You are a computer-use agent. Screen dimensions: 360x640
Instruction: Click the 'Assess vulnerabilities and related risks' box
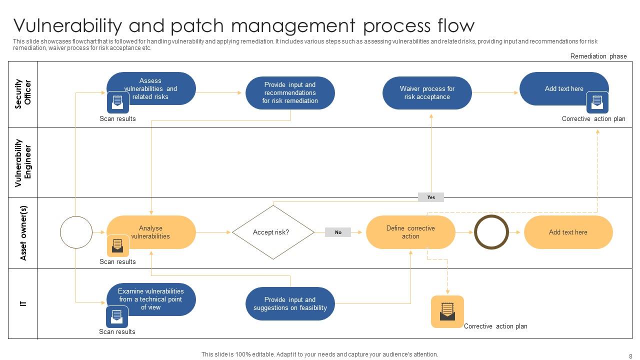(x=151, y=88)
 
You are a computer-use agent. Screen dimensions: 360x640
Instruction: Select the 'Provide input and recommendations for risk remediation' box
(x=290, y=93)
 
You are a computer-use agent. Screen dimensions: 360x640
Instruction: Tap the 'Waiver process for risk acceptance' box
(x=427, y=93)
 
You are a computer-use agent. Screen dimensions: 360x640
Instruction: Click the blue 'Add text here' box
(x=564, y=88)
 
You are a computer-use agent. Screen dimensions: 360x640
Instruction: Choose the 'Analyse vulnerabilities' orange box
(x=151, y=232)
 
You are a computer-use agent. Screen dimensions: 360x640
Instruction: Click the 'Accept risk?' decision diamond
(x=273, y=232)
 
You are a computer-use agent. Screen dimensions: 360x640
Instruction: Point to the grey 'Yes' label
(x=431, y=197)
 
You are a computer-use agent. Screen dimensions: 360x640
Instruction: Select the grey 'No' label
(x=338, y=232)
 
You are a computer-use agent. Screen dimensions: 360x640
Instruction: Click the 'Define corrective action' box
(x=410, y=232)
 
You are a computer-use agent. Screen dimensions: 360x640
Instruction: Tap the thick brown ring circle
(x=491, y=232)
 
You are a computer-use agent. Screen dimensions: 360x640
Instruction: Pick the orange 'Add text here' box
(x=568, y=232)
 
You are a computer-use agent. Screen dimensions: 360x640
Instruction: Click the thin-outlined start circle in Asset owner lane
(x=76, y=232)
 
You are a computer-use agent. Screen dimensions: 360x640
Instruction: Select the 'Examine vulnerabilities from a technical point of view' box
(x=151, y=299)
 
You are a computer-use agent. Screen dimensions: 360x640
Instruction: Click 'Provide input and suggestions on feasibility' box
(x=290, y=303)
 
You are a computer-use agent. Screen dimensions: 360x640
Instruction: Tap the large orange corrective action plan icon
(x=447, y=311)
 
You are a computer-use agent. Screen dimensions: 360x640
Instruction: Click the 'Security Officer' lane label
(x=23, y=93)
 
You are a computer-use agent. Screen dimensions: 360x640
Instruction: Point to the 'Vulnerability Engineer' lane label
(x=23, y=162)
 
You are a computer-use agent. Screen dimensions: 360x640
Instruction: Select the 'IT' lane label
(x=23, y=303)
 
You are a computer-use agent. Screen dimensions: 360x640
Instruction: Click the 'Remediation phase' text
(x=598, y=56)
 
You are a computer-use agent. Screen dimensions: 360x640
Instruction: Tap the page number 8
(x=630, y=356)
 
